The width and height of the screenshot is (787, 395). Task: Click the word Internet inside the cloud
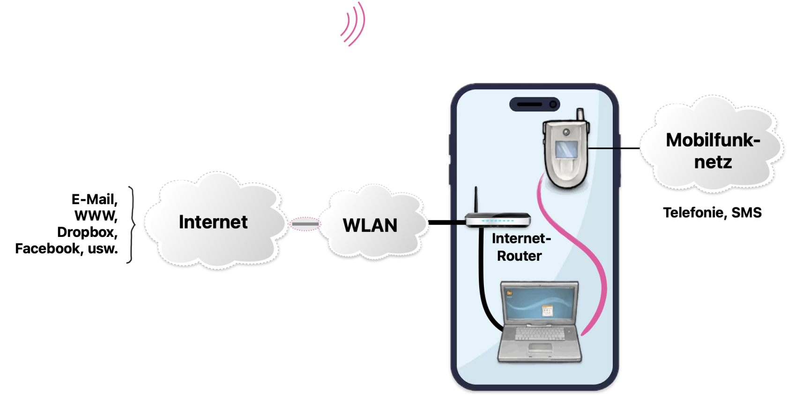coord(213,222)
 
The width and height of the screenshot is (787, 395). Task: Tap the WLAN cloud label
coord(370,225)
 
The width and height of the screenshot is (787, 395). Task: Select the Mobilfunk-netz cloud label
coord(713,151)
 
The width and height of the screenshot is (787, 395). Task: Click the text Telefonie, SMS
coord(712,213)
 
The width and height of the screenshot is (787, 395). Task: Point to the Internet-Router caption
coord(521,247)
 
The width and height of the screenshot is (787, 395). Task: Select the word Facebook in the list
coord(47,248)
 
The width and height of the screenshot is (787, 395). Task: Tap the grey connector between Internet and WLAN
coord(305,224)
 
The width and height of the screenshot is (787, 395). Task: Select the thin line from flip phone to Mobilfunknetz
coord(614,148)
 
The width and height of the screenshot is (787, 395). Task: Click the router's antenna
coord(476,200)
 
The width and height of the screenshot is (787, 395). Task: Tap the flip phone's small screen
coord(566,149)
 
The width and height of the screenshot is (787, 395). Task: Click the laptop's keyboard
coord(540,333)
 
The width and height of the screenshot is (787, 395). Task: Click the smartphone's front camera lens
coord(553,104)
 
